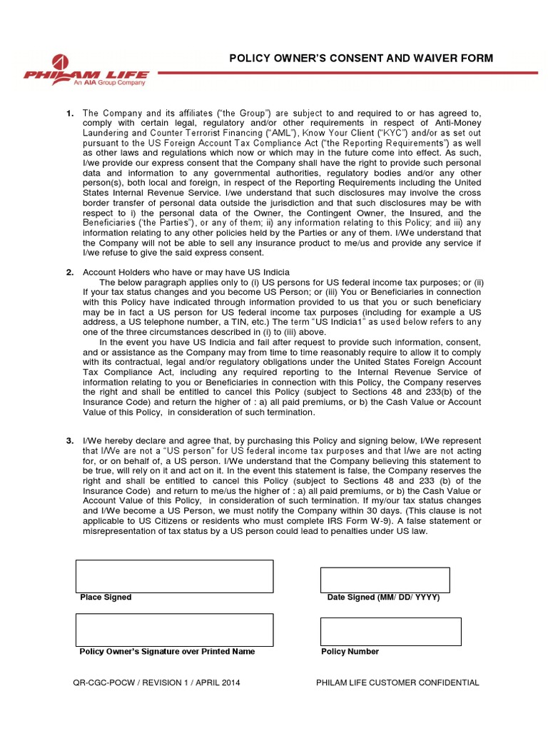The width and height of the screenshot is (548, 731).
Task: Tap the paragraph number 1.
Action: (70, 114)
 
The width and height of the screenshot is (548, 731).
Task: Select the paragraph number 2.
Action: (70, 272)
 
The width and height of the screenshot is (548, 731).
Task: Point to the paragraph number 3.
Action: (70, 440)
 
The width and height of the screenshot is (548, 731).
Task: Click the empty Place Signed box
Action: (174, 576)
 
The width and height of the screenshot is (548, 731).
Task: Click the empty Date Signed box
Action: (385, 580)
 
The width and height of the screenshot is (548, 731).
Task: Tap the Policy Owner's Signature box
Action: (174, 630)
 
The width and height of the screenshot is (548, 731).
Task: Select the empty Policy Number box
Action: (390, 632)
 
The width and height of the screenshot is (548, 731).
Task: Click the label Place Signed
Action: (106, 598)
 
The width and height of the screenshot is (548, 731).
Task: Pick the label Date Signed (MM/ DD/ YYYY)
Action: (383, 598)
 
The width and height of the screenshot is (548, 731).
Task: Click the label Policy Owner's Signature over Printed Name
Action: (167, 652)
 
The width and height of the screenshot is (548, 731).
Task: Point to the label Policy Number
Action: (350, 652)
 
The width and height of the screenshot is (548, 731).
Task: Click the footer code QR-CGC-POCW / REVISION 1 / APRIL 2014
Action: (157, 683)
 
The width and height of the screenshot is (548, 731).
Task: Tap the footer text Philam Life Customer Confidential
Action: (397, 683)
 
